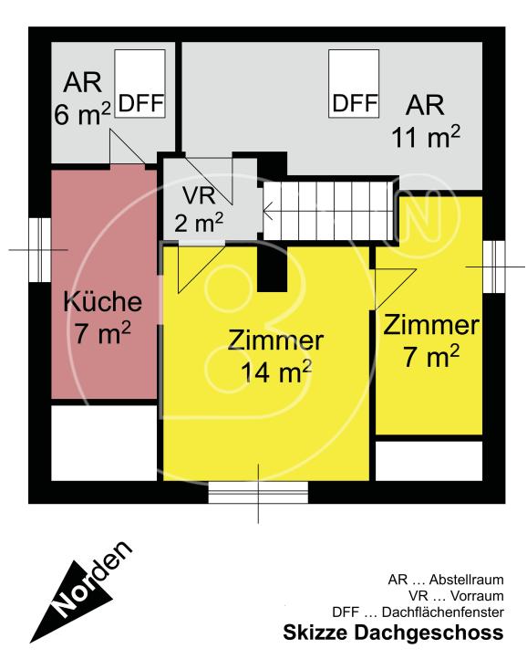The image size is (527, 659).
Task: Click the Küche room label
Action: [x=101, y=301]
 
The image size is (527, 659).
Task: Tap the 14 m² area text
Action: [x=276, y=371]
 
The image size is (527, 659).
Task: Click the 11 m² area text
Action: [x=425, y=137]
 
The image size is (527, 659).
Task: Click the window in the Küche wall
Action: [x=39, y=249]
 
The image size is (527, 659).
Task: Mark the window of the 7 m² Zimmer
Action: [x=492, y=266]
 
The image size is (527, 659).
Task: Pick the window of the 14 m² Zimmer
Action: [x=258, y=493]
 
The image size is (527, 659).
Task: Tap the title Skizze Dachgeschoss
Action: [x=392, y=633]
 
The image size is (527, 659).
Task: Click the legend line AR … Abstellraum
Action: [x=445, y=580]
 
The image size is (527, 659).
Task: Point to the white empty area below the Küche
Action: [x=103, y=442]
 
